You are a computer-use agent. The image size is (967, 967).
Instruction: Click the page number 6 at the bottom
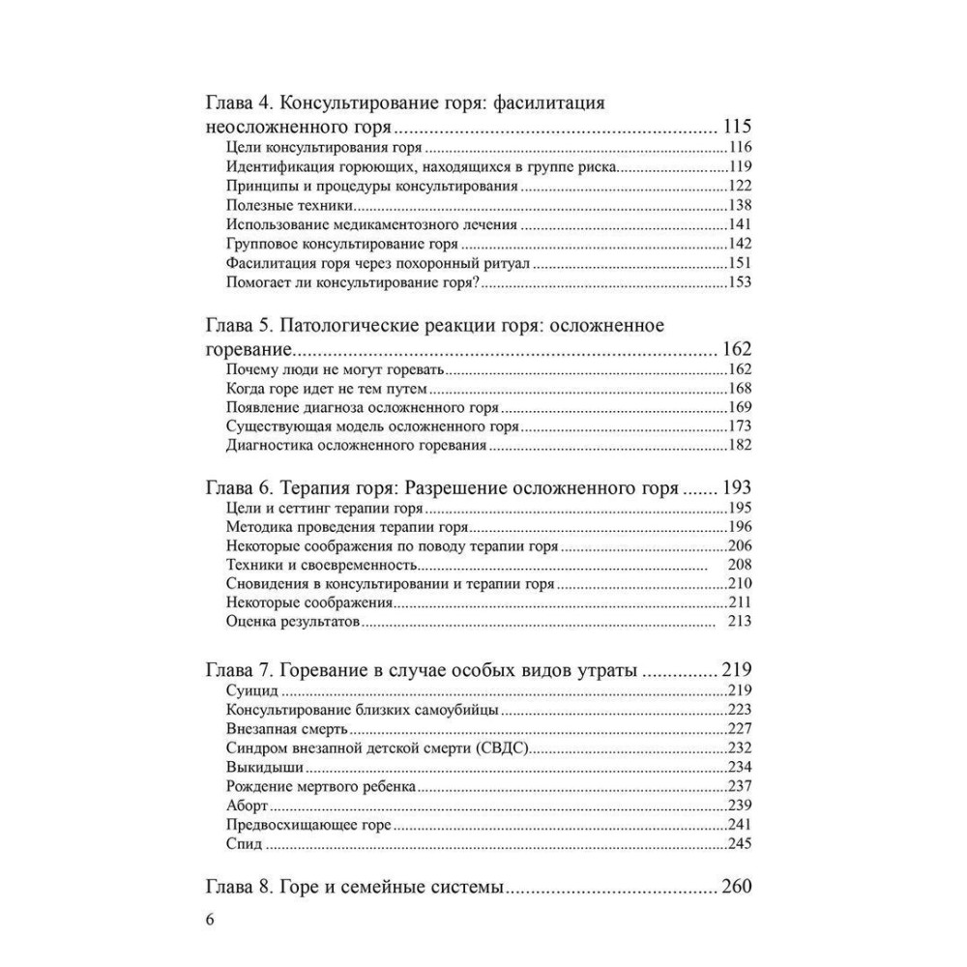[210, 919]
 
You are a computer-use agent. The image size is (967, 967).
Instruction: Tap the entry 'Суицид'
[251, 690]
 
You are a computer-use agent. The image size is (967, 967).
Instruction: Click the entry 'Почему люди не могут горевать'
[333, 370]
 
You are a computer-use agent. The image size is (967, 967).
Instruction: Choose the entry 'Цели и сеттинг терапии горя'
[325, 509]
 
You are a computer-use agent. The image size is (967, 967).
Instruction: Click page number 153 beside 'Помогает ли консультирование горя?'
[740, 282]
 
